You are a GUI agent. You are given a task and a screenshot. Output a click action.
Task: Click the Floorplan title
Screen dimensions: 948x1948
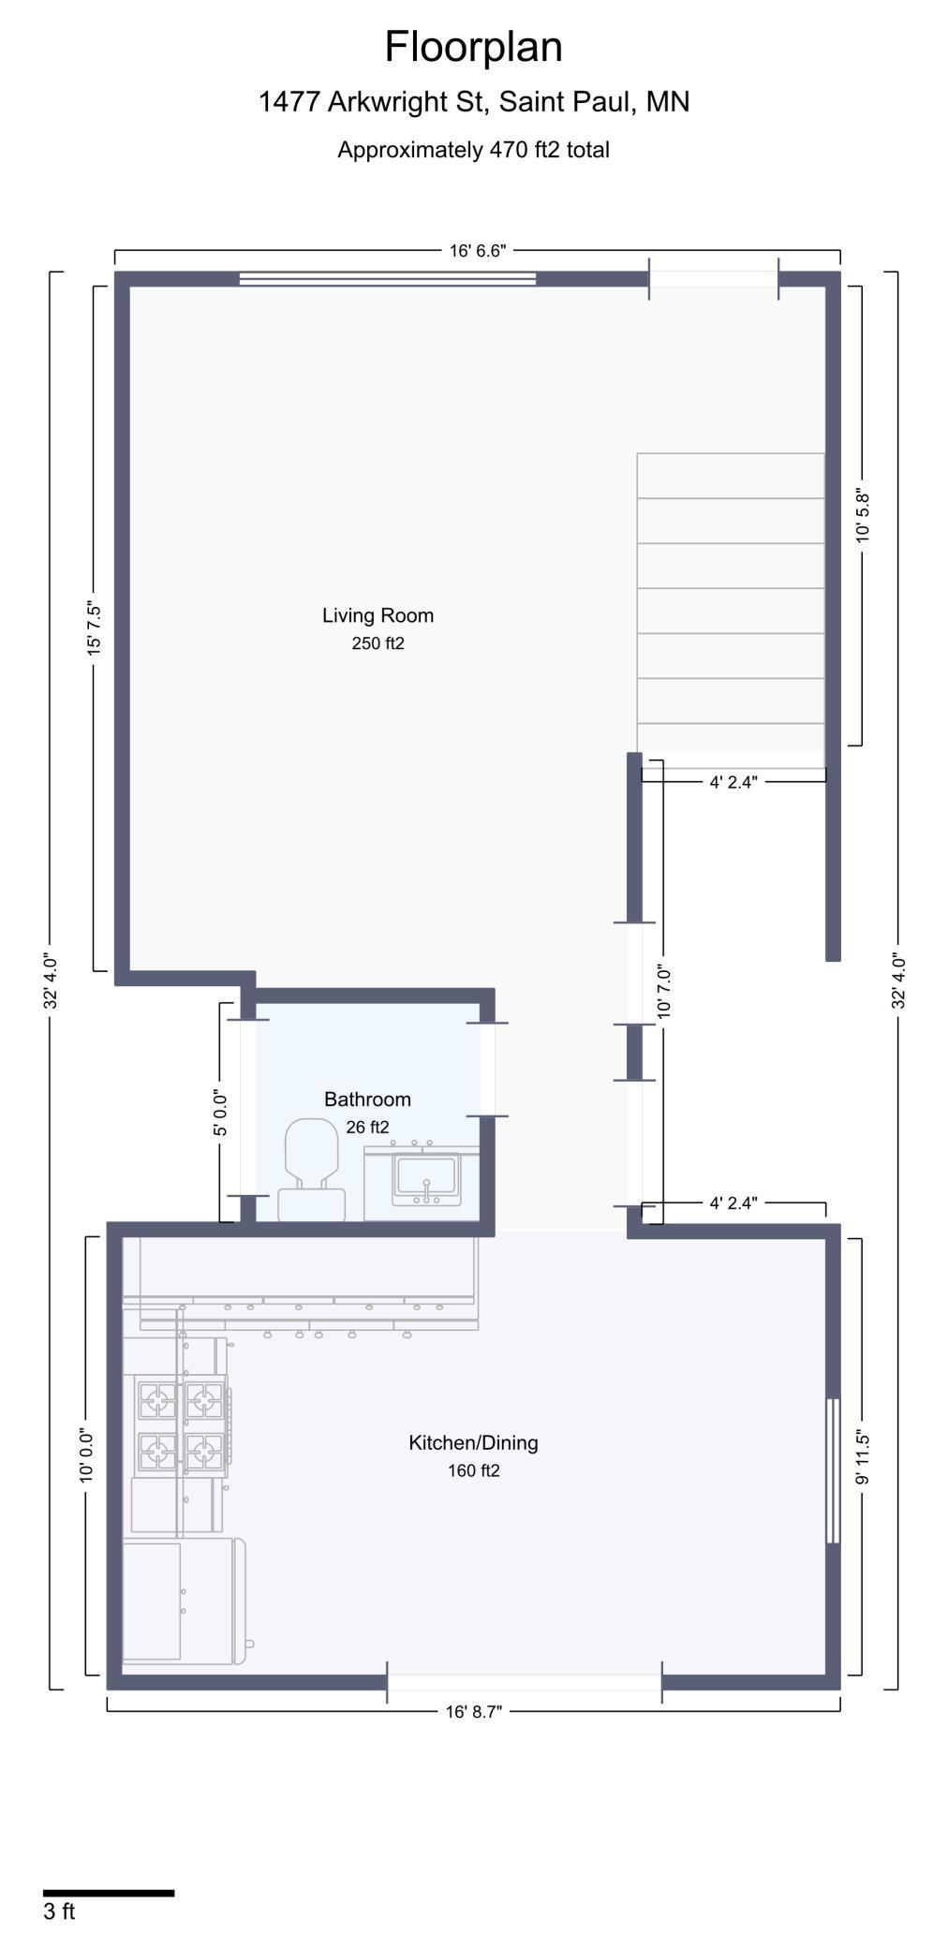click(x=473, y=47)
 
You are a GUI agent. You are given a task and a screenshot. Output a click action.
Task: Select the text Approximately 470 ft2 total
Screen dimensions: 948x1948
click(x=473, y=150)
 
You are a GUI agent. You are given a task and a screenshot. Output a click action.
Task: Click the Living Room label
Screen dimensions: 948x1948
click(x=378, y=615)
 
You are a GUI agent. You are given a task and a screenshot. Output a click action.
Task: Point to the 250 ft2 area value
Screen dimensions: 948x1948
click(x=378, y=643)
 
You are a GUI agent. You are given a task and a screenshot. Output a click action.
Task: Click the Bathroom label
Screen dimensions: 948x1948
click(x=367, y=1099)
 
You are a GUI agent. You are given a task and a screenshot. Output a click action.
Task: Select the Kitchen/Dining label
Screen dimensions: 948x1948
click(x=473, y=1443)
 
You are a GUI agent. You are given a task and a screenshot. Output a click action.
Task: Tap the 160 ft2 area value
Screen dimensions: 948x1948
click(x=473, y=1471)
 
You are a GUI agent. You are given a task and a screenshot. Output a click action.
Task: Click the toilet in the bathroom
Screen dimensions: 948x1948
click(x=311, y=1170)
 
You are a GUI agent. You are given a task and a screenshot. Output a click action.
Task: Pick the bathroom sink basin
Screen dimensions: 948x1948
click(x=426, y=1178)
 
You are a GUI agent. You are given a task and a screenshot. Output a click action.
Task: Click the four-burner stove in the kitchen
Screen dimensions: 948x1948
click(x=182, y=1426)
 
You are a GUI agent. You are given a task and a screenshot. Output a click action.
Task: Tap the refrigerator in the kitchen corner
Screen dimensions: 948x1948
click(x=185, y=1601)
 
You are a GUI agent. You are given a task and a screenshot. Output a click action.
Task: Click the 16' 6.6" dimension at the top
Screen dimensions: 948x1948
click(x=478, y=251)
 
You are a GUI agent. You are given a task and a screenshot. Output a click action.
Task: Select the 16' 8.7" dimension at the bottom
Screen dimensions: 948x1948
click(x=473, y=1712)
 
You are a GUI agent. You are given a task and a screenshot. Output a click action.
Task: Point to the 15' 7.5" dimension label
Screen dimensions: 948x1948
click(x=94, y=628)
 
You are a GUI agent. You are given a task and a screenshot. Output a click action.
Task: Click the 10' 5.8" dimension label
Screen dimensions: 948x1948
click(x=863, y=515)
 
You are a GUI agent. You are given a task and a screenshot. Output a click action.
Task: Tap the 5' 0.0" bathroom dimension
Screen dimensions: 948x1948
click(x=220, y=1113)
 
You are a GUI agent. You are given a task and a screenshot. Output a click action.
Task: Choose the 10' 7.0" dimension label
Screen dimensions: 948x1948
click(x=664, y=992)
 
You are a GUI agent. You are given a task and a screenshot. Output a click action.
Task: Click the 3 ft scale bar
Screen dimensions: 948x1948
click(x=109, y=1894)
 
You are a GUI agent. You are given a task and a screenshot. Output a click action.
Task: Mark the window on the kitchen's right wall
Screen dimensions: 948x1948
click(x=833, y=1470)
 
